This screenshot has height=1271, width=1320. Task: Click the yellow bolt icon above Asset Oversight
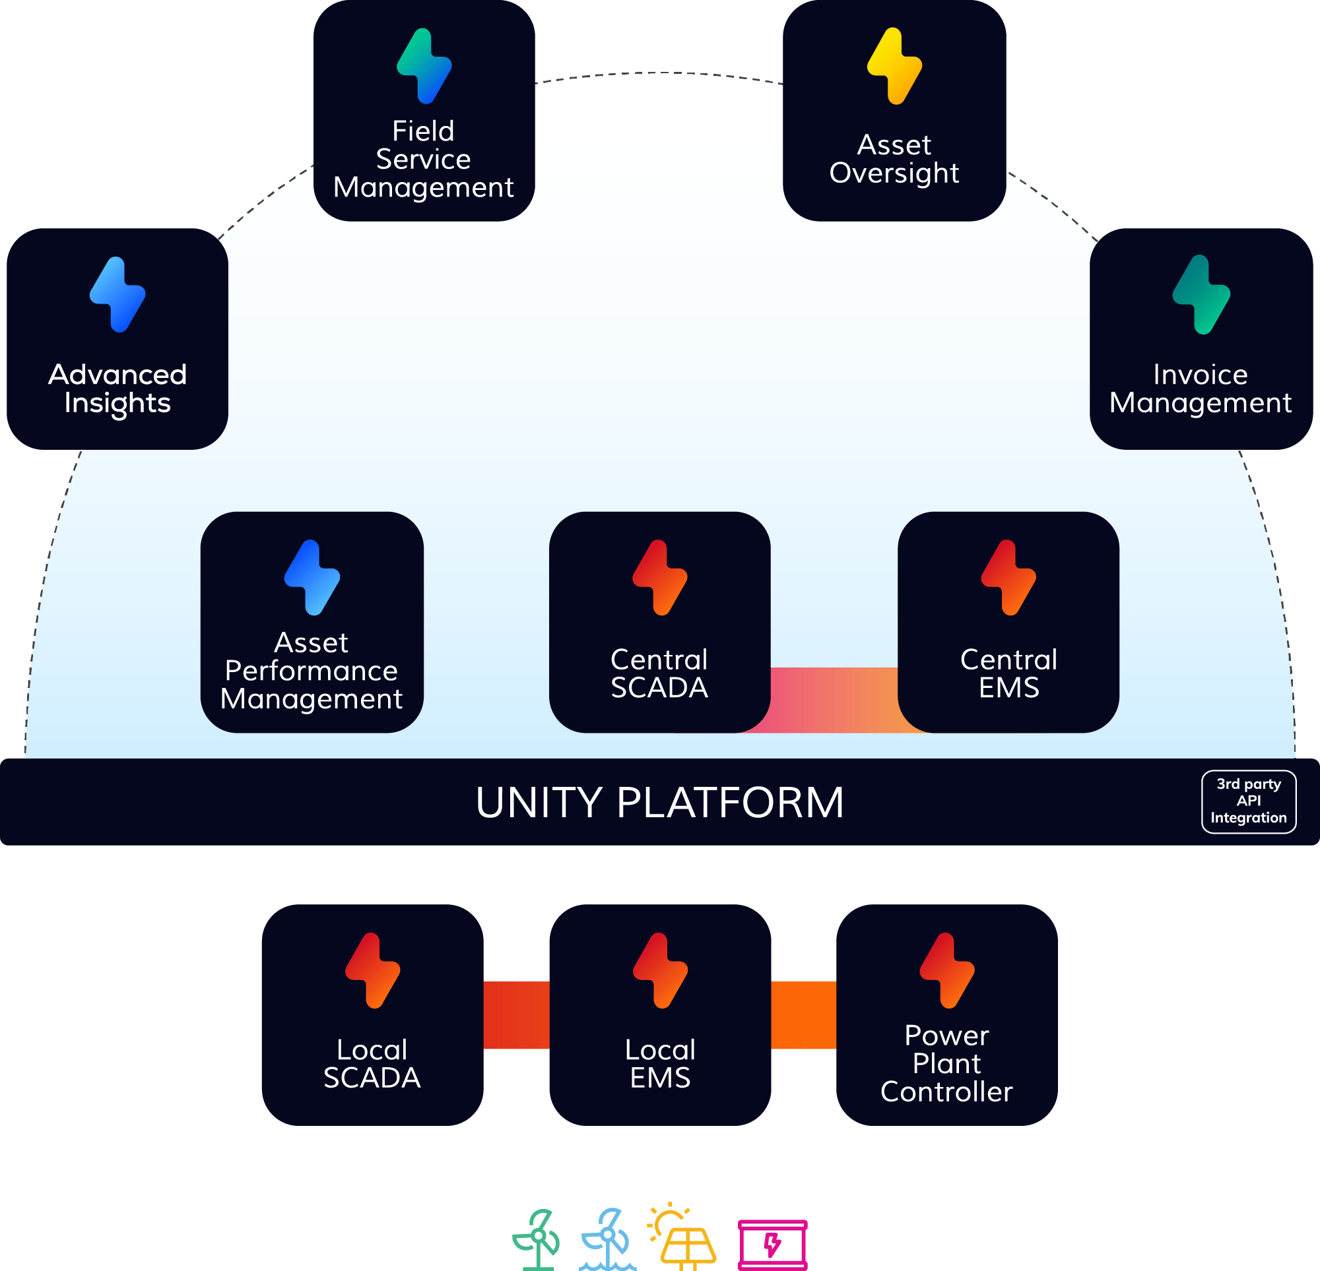[894, 66]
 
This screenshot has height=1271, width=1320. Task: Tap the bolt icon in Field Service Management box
[424, 66]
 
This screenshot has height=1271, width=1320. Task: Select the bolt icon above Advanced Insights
[117, 295]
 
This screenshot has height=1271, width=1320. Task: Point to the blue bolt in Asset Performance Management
[312, 578]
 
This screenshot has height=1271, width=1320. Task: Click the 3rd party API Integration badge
[1248, 801]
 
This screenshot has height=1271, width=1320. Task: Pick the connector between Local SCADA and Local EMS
[516, 1015]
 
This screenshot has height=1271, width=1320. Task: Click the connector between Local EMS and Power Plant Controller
[803, 1015]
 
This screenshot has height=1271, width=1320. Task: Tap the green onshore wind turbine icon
[537, 1239]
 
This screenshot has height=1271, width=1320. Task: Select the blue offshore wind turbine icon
[607, 1239]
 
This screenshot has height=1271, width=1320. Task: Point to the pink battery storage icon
[772, 1243]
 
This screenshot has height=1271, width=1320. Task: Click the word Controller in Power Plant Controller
[946, 1091]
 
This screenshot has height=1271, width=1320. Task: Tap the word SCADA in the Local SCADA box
[372, 1078]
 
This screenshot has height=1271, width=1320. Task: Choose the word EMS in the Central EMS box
[1008, 687]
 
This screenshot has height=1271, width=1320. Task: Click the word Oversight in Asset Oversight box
[894, 173]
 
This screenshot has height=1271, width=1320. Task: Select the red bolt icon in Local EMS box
[660, 971]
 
